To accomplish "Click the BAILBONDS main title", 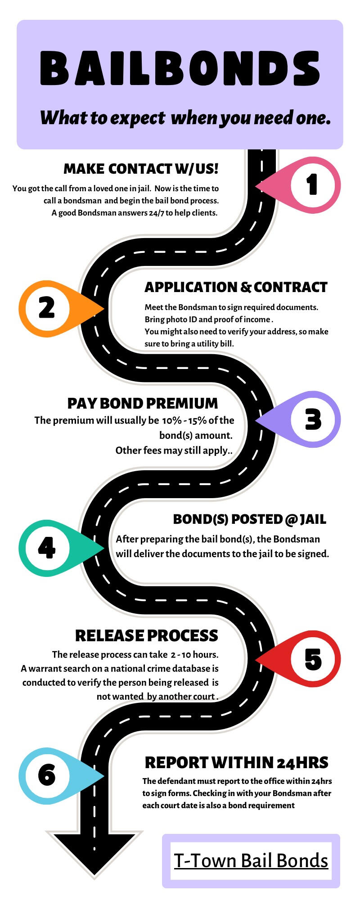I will coord(180,68).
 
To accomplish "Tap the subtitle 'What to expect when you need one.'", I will coord(185,118).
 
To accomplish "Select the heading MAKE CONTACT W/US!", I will coord(141,169).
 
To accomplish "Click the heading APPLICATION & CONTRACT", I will coord(236,287).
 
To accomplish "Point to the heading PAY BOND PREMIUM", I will coord(143,403).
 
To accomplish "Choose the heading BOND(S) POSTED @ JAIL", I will coord(249,519).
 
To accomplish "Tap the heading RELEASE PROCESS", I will coord(147,635).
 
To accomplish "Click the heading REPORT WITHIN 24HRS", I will coord(236,763).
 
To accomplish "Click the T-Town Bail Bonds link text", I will coord(251,860).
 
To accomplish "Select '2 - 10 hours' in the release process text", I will coord(194,654).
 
